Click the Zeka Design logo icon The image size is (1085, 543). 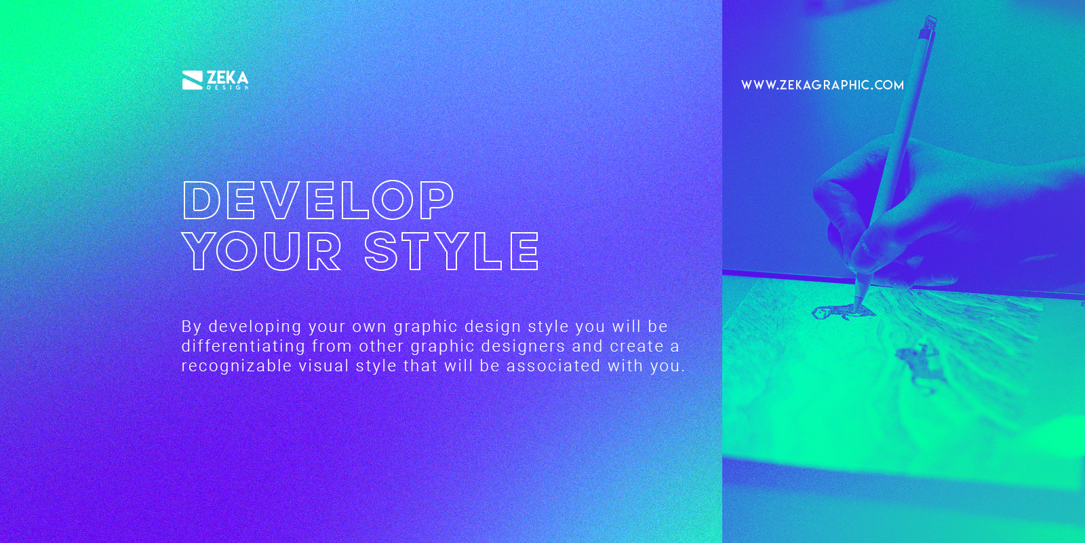pyautogui.click(x=192, y=80)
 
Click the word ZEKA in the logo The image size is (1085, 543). pyautogui.click(x=227, y=77)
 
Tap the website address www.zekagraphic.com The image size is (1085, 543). pyautogui.click(x=822, y=85)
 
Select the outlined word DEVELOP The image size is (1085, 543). pyautogui.click(x=318, y=200)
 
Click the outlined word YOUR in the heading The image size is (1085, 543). pyautogui.click(x=262, y=251)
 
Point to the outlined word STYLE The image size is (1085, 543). pyautogui.click(x=452, y=251)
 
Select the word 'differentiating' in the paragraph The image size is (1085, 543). pyautogui.click(x=243, y=346)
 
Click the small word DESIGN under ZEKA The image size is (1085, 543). pyautogui.click(x=228, y=88)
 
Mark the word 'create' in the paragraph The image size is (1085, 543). pyautogui.click(x=636, y=346)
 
